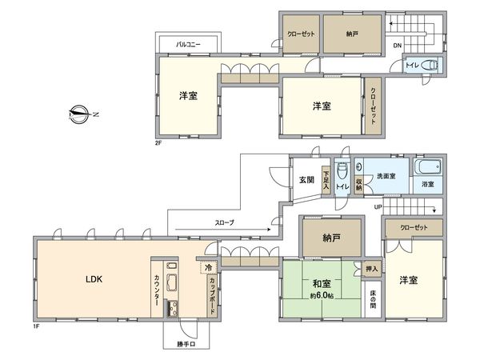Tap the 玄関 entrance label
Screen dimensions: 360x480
coord(306,178)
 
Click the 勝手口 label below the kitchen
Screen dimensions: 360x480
coord(187,345)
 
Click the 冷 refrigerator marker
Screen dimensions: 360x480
coord(208,267)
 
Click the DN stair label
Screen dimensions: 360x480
coord(397,46)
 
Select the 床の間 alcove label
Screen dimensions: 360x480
coord(372,302)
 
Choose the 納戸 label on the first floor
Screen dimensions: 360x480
coord(330,237)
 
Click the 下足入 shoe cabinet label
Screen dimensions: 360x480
coord(326,178)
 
